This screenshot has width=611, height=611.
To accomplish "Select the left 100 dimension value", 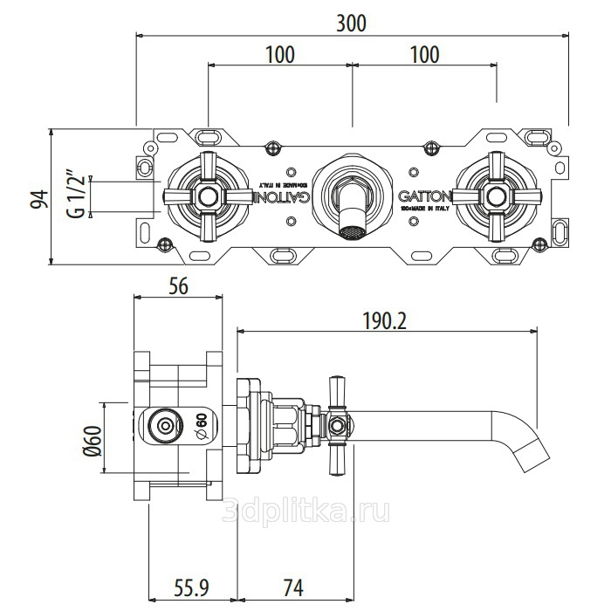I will pyautogui.click(x=278, y=54).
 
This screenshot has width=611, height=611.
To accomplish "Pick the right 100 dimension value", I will pyautogui.click(x=423, y=54).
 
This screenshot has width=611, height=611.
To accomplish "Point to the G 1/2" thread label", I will pyautogui.click(x=77, y=196).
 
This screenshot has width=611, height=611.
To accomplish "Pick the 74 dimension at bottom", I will pyautogui.click(x=294, y=585).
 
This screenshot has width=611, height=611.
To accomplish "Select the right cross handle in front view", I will pyautogui.click(x=496, y=196).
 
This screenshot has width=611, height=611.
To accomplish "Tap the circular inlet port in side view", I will pyautogui.click(x=163, y=425).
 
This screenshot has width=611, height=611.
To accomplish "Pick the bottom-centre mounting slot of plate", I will pyautogui.click(x=281, y=257).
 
